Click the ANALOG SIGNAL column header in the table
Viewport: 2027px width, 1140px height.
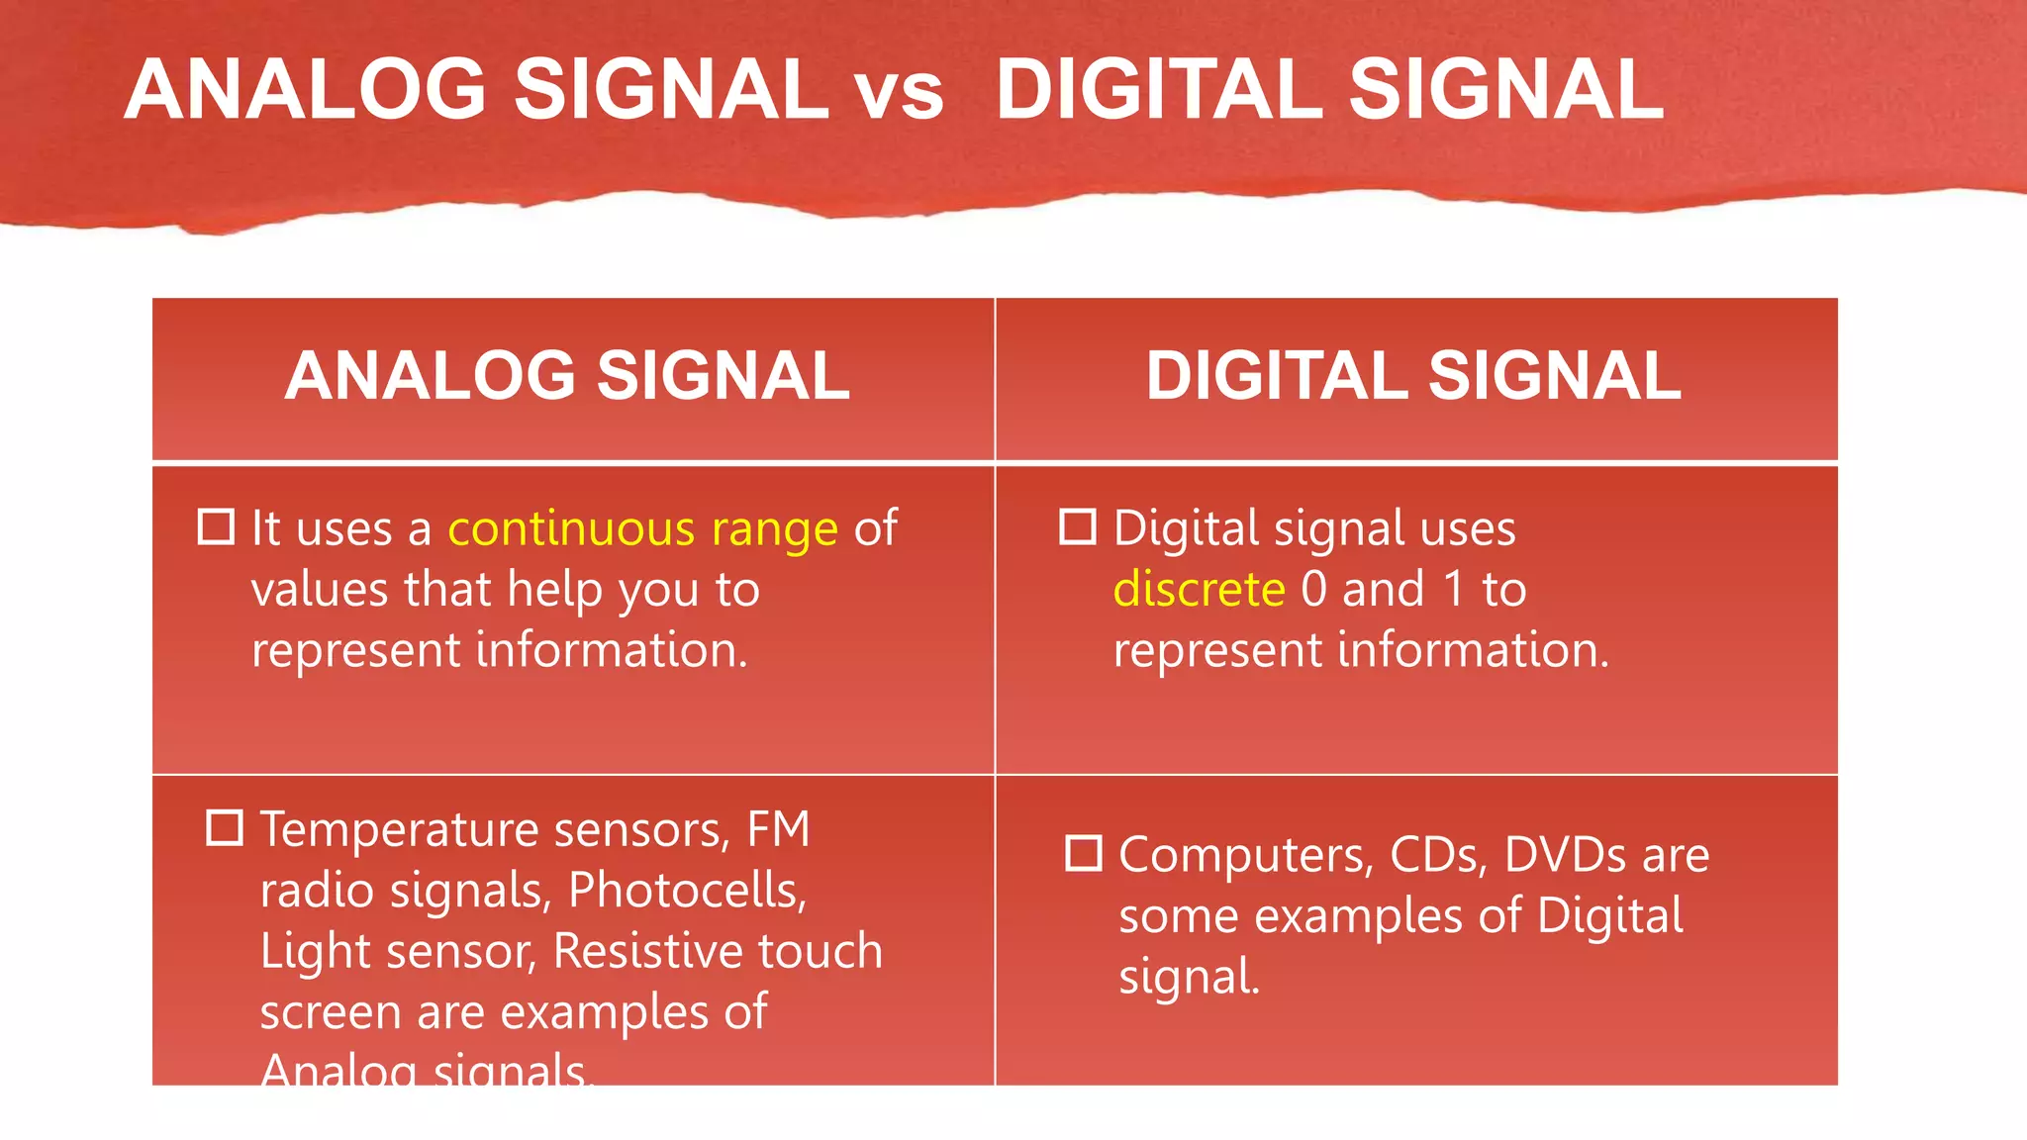567,377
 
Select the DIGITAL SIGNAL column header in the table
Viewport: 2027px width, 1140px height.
1412,377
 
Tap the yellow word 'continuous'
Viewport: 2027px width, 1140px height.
571,528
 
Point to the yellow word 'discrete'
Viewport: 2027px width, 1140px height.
1199,590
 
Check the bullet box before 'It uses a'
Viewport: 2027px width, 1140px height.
216,527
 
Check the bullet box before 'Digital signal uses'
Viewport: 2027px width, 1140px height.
1078,527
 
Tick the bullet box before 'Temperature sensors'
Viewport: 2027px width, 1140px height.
225,828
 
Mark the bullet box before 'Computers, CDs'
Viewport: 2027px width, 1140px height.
1084,854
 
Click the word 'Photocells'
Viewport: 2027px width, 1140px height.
687,891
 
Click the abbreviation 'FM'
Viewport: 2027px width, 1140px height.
778,829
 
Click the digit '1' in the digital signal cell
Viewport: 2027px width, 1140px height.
1453,590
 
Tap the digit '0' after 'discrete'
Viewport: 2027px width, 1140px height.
1313,590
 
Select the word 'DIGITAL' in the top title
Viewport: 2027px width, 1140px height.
1160,90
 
